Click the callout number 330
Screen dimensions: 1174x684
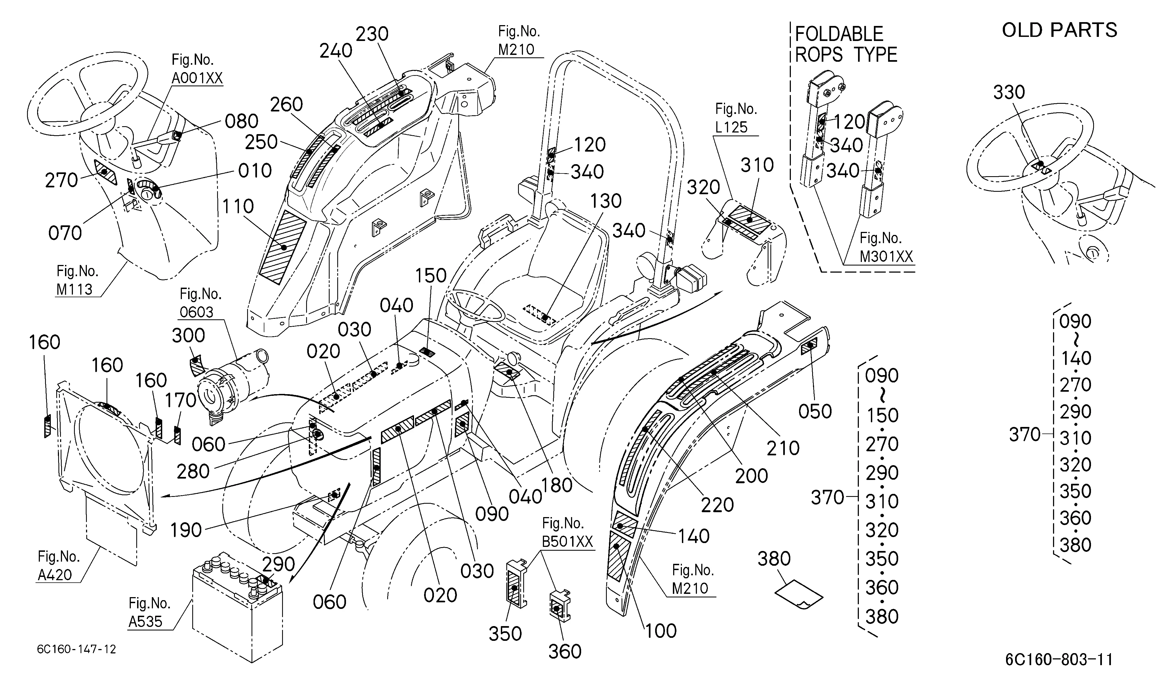pos(1009,92)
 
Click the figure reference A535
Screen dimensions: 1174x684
pos(146,621)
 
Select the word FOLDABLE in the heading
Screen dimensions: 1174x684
pos(839,34)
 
